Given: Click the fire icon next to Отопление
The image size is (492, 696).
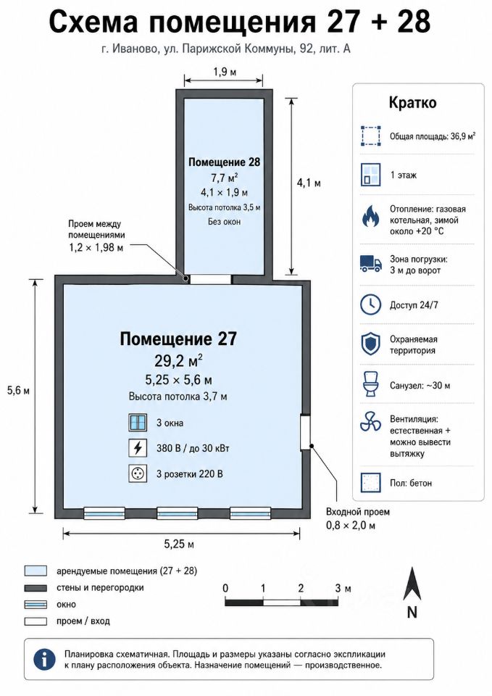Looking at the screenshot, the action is [x=370, y=216].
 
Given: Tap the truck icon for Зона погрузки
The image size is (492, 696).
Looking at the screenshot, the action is [x=370, y=264].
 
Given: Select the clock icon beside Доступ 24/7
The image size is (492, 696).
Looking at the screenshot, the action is [x=370, y=305].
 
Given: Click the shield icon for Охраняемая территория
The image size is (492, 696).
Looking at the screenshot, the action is [x=370, y=344].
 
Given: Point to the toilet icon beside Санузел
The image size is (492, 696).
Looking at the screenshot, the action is [x=370, y=384].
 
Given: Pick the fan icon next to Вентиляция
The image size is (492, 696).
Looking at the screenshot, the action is [x=370, y=421].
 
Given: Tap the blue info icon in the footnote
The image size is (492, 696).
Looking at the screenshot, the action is [x=44, y=659].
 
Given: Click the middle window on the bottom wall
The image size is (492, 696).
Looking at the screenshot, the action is [x=177, y=513].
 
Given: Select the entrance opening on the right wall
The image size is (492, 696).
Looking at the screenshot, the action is [x=305, y=432].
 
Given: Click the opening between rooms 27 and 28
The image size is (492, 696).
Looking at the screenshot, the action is [x=210, y=279].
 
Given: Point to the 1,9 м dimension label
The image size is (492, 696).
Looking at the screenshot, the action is [x=224, y=72].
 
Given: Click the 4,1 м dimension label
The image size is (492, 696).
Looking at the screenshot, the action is [x=309, y=183].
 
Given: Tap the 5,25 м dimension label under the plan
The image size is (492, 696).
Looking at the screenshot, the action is [x=179, y=544].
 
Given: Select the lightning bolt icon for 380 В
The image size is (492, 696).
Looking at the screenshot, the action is [x=138, y=448].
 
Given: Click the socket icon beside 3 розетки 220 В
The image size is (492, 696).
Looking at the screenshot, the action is [x=138, y=473].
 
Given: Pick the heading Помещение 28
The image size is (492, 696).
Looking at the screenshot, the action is [x=224, y=162].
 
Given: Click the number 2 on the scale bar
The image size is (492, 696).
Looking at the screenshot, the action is [x=301, y=588].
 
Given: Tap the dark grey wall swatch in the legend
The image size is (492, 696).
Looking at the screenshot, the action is [x=36, y=588].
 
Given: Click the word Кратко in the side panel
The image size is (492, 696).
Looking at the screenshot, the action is [x=412, y=102].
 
